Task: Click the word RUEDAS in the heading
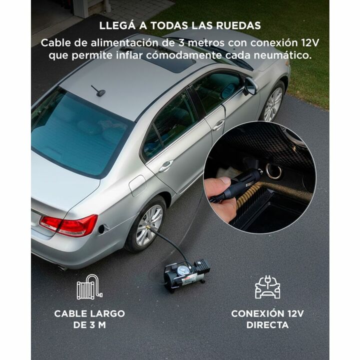click(238, 25)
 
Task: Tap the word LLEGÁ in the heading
click(117, 25)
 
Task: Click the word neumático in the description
click(283, 55)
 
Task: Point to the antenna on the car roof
click(98, 91)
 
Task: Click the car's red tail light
click(69, 225)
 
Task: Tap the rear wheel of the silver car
click(146, 225)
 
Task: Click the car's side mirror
click(250, 86)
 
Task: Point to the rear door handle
click(166, 165)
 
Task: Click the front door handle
click(218, 125)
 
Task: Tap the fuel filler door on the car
click(137, 185)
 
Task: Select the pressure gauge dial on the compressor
click(183, 270)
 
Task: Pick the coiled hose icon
click(89, 287)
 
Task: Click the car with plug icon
click(267, 287)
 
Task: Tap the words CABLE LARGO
click(89, 313)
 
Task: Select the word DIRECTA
click(267, 325)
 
